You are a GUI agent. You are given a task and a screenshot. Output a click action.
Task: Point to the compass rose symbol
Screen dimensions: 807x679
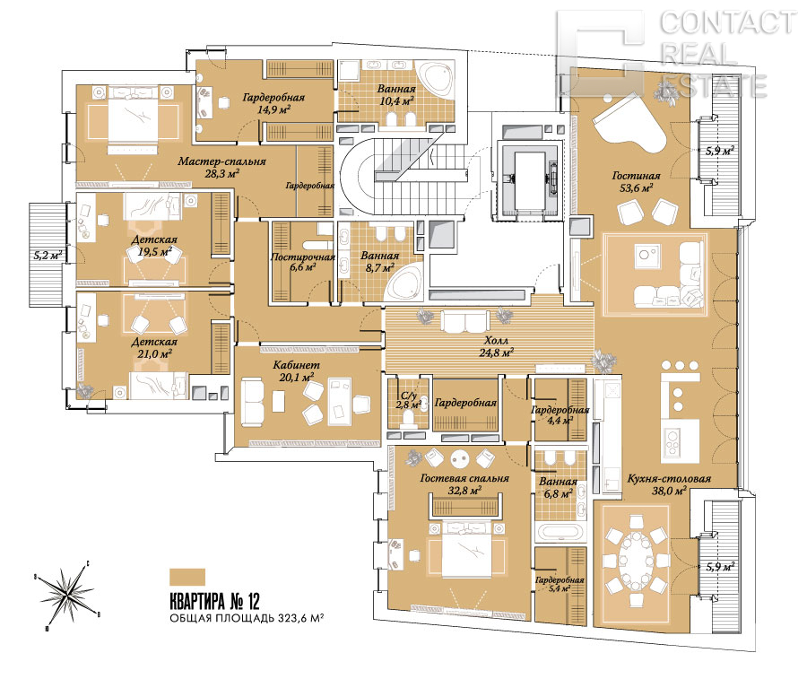click(x=67, y=593)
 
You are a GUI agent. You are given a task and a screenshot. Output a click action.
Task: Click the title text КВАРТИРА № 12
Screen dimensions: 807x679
click(x=214, y=601)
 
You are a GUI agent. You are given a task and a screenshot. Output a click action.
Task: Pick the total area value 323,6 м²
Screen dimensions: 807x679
click(x=300, y=618)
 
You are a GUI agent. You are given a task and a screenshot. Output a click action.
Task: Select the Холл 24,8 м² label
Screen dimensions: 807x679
click(x=496, y=346)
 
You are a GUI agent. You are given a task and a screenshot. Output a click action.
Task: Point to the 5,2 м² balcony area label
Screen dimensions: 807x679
click(x=48, y=255)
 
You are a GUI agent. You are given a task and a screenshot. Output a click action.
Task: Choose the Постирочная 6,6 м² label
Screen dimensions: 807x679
click(x=303, y=262)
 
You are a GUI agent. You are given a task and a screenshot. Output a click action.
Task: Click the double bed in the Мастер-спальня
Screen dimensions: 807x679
click(x=133, y=119)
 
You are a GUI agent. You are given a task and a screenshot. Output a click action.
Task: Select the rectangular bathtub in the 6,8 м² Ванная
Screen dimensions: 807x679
click(x=560, y=532)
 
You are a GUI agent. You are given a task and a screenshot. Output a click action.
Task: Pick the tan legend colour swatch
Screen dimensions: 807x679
click(x=187, y=577)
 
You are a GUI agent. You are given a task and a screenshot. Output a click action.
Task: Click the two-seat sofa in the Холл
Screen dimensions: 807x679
click(x=465, y=322)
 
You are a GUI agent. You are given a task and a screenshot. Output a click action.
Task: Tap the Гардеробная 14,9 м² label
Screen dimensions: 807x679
click(x=273, y=102)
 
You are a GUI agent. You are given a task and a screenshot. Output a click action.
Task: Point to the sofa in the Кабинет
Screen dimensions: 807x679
click(x=253, y=402)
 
